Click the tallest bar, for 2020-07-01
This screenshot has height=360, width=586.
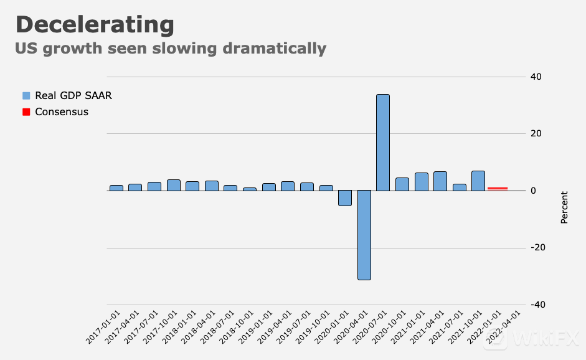[383, 143]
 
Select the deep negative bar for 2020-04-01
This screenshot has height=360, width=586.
[364, 235]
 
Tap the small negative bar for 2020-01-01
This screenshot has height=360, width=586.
[345, 198]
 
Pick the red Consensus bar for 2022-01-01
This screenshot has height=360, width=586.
[498, 188]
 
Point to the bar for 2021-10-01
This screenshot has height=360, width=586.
[478, 181]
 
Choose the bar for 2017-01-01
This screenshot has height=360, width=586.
[116, 187]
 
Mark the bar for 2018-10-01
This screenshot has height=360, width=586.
[250, 189]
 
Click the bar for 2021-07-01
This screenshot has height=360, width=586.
[460, 187]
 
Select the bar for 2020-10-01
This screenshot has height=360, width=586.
[402, 184]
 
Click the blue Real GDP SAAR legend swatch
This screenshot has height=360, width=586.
[26, 96]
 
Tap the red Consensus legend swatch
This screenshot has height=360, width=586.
[26, 112]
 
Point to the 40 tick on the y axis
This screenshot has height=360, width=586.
[536, 77]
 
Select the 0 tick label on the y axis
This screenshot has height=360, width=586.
[533, 191]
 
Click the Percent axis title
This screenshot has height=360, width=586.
[564, 207]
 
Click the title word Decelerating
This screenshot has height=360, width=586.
[95, 25]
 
